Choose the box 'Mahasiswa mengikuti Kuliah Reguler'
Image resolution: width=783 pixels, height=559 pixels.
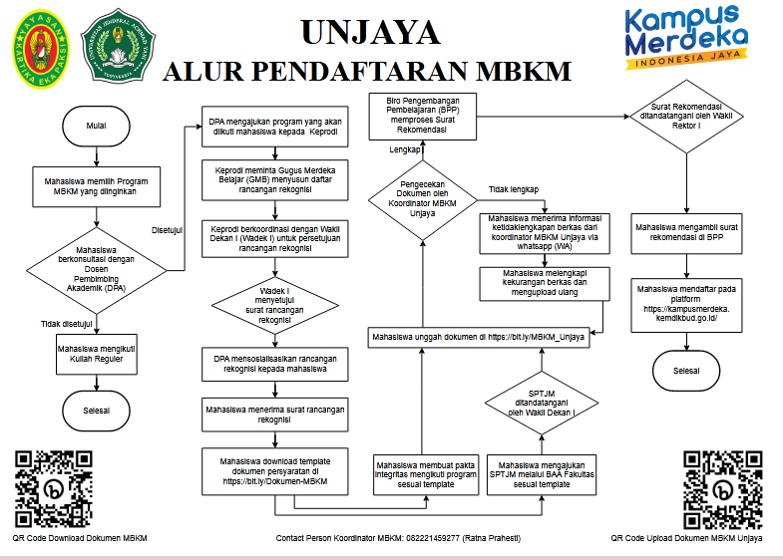97,355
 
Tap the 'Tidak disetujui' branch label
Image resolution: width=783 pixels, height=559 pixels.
67,323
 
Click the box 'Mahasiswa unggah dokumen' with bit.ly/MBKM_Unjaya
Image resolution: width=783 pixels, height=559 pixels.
479,338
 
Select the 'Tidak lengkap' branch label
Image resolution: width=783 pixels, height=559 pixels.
513,189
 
